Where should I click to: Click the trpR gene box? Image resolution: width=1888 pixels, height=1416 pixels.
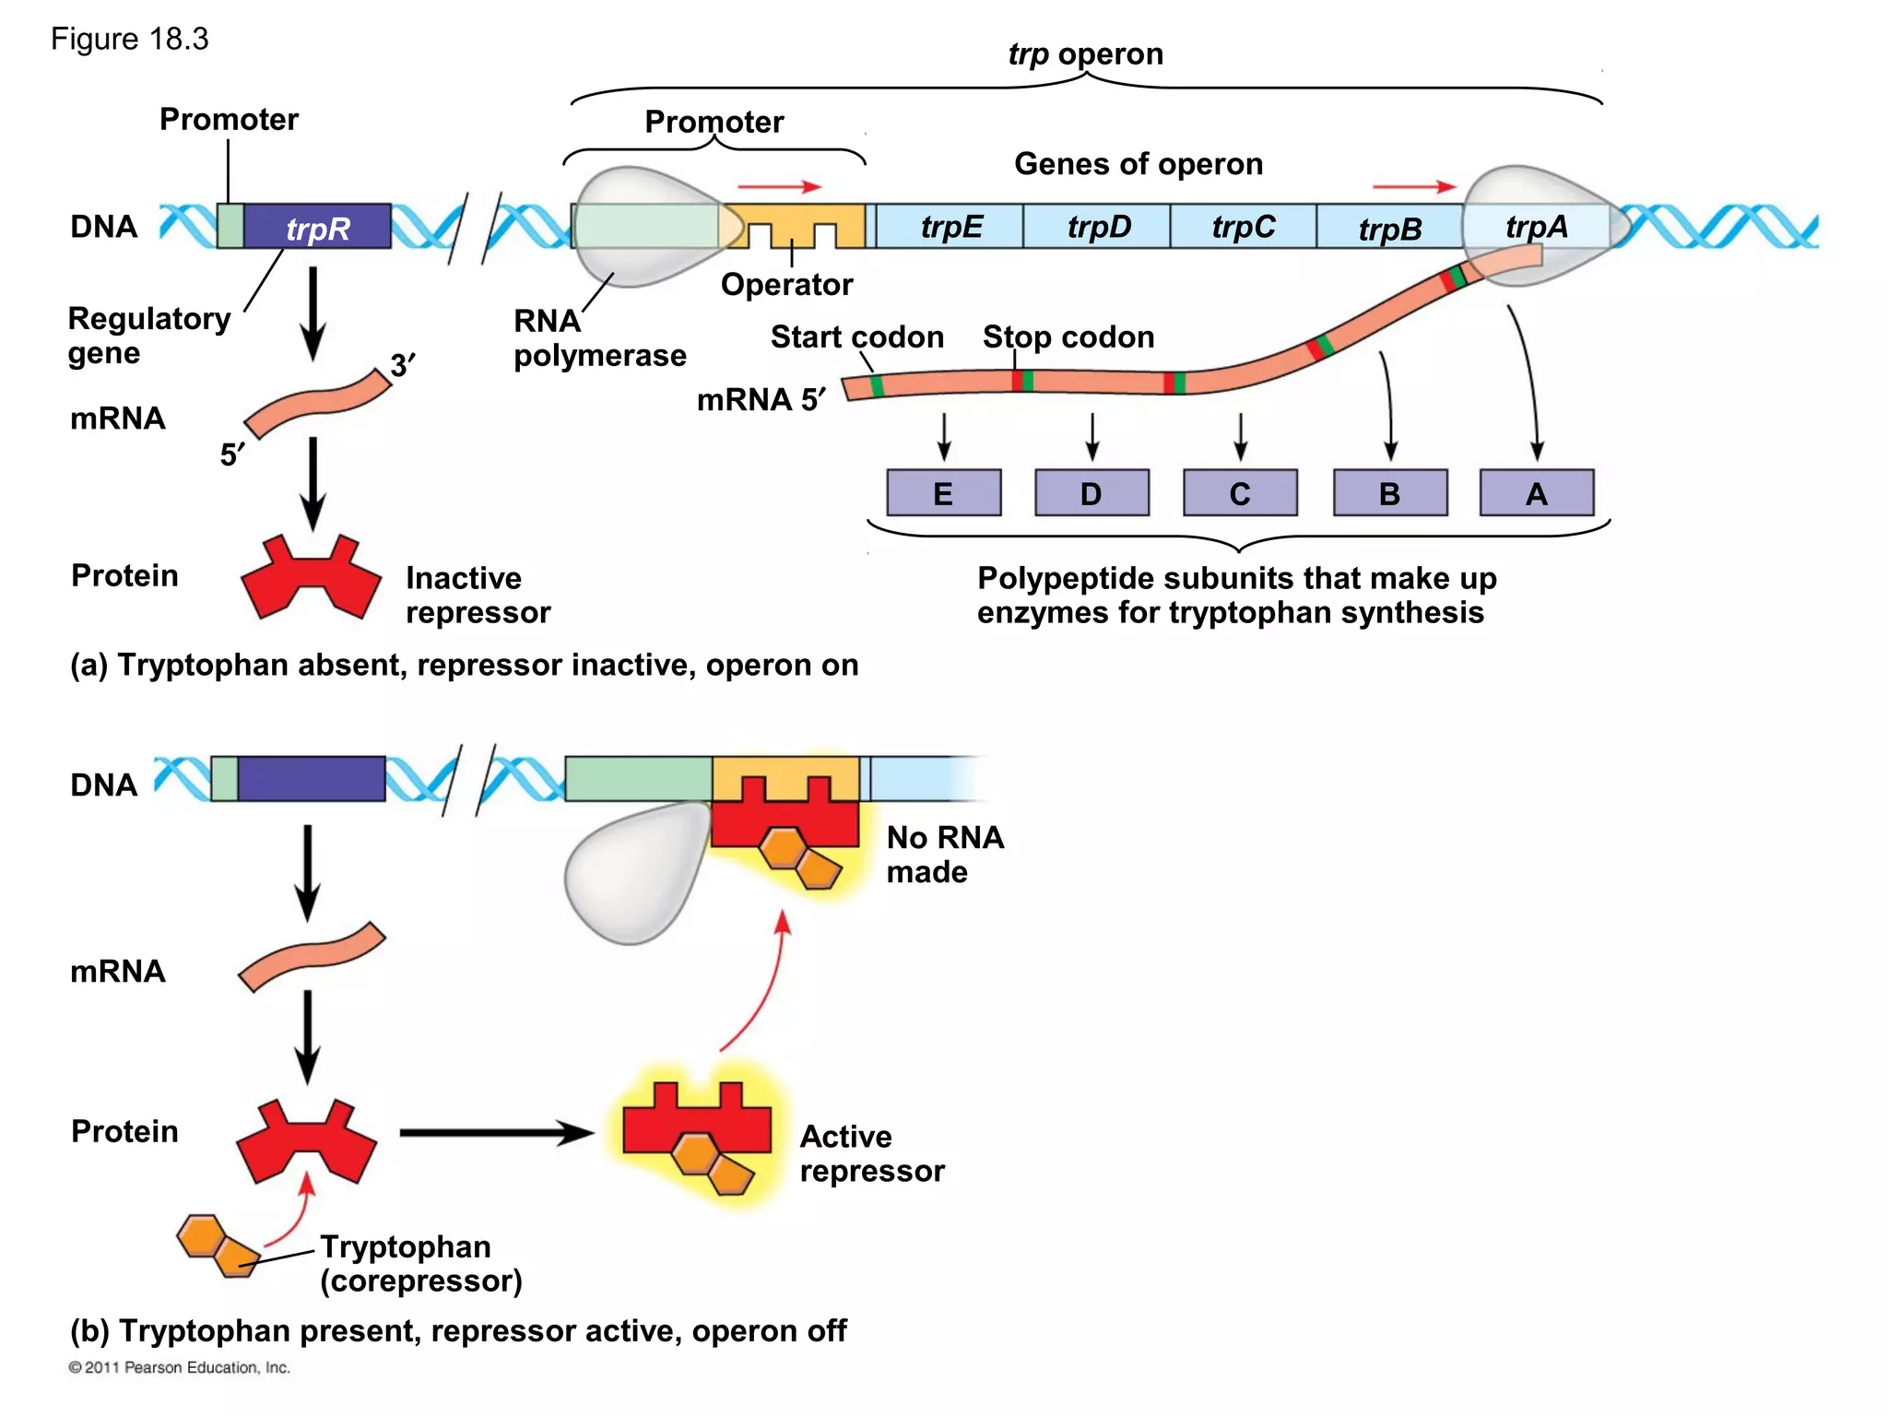(x=317, y=227)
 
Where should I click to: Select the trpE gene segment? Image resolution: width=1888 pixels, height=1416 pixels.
(x=950, y=227)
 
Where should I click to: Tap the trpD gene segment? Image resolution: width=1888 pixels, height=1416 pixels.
(x=1097, y=227)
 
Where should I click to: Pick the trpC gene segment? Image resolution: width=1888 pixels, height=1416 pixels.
(x=1243, y=227)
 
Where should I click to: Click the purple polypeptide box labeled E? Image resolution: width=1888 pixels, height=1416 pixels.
(x=943, y=493)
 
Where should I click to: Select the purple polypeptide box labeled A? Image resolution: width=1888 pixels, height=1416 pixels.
(x=1536, y=493)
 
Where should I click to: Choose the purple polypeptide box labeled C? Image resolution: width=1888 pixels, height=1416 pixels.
(x=1240, y=493)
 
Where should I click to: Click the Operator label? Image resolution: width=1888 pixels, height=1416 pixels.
(x=786, y=285)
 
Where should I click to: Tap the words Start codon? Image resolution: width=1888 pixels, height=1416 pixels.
(x=856, y=337)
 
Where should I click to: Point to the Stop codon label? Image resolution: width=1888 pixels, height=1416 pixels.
(x=1068, y=337)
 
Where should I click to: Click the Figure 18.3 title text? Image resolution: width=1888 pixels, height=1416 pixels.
(x=129, y=40)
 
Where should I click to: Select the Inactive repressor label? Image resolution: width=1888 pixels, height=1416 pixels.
(x=478, y=595)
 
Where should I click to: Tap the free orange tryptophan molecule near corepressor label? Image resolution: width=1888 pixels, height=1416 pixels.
(x=218, y=1245)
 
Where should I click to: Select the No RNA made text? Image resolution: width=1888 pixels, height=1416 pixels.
(x=944, y=855)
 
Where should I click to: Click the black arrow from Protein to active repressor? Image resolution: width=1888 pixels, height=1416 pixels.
(x=496, y=1133)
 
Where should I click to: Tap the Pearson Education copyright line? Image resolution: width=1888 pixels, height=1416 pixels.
(x=179, y=1367)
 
